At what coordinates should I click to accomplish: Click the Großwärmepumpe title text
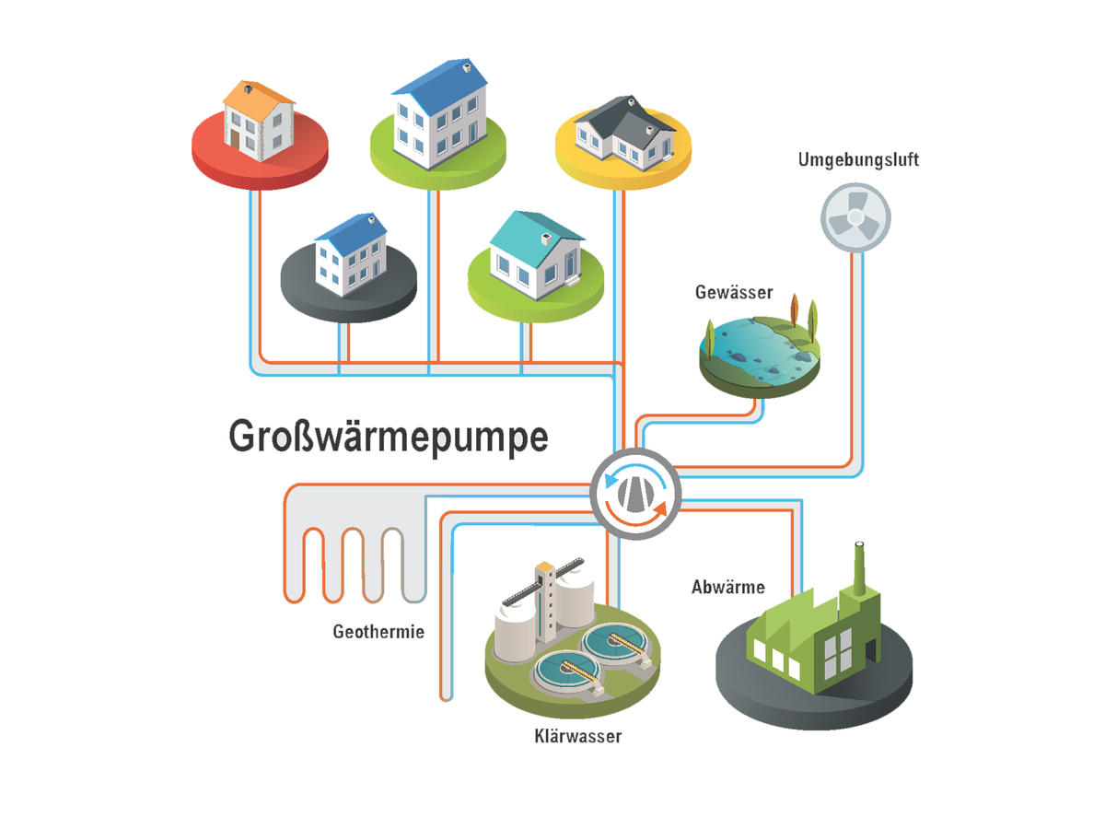point(388,437)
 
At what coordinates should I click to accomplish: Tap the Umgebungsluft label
point(858,160)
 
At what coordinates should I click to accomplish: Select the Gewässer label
point(734,293)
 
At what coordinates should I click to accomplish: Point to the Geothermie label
point(378,633)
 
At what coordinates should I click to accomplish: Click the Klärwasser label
point(577,736)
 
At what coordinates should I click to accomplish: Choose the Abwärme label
point(727,587)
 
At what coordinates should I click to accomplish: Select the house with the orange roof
point(259,117)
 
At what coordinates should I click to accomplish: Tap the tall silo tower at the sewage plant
point(545,603)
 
